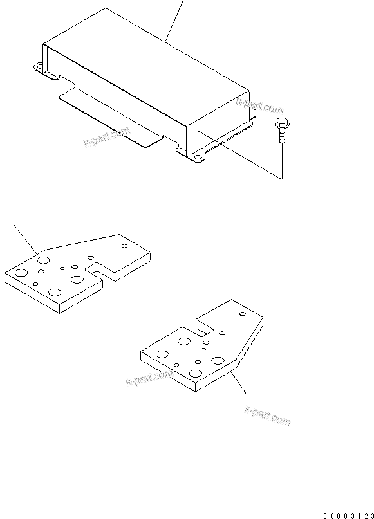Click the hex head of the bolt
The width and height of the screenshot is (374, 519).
click(280, 123)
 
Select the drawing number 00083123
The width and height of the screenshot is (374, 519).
click(347, 515)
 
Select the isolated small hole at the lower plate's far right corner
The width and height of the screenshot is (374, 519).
click(243, 314)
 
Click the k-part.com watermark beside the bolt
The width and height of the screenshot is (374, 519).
click(259, 104)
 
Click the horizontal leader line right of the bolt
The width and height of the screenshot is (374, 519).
click(303, 132)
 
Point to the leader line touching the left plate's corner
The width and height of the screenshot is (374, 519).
click(26, 238)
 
